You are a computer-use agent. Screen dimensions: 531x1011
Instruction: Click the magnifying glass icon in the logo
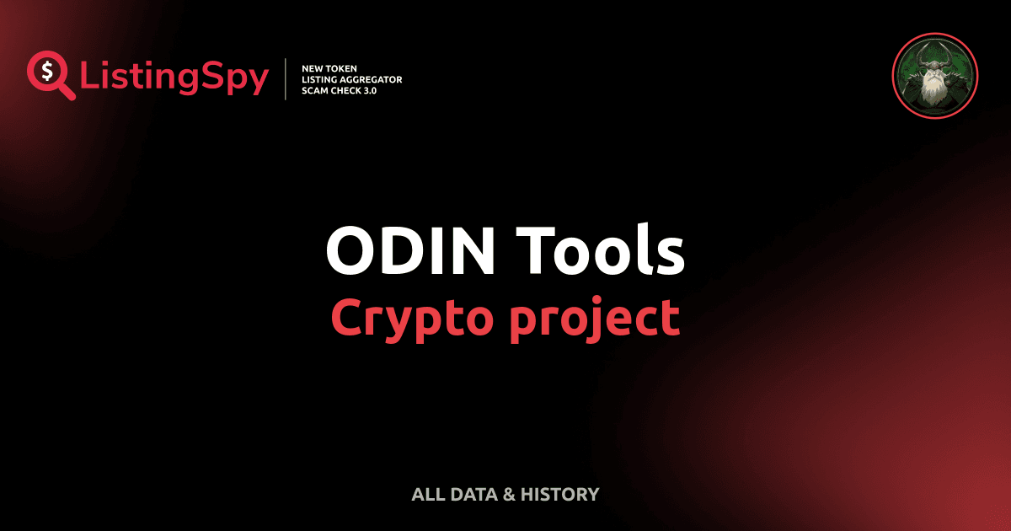(x=47, y=74)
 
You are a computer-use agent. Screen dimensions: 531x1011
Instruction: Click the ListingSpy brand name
(x=174, y=78)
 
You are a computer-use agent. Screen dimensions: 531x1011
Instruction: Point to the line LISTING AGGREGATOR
(x=351, y=79)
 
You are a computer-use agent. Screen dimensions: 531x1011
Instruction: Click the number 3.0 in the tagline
(x=367, y=90)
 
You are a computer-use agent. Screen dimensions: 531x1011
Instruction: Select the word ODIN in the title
(x=409, y=251)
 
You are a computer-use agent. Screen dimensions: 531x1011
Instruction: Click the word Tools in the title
(x=602, y=251)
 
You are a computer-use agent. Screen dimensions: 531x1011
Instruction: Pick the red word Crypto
(x=408, y=319)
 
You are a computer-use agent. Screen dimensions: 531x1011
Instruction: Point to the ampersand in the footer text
(x=509, y=495)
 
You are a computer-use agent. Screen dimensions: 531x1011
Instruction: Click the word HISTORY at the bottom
(x=560, y=495)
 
